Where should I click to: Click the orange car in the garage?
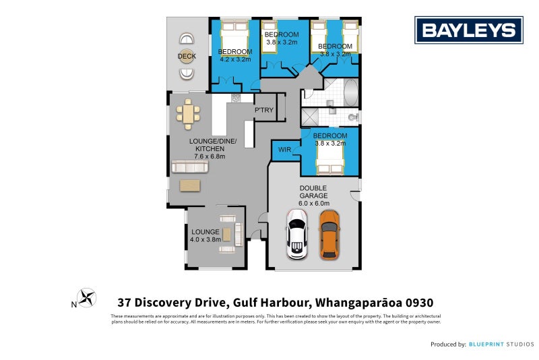(x=329, y=234)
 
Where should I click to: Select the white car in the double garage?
(x=297, y=234)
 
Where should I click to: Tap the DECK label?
(x=187, y=57)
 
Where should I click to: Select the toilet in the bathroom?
(x=350, y=117)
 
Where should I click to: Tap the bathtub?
(x=351, y=92)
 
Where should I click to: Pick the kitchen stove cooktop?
(x=236, y=98)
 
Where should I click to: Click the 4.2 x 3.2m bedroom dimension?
(x=235, y=60)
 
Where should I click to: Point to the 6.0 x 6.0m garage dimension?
(x=314, y=203)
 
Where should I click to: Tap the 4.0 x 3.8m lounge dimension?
(x=205, y=239)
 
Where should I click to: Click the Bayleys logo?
(x=468, y=30)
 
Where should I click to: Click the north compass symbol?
(x=86, y=297)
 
